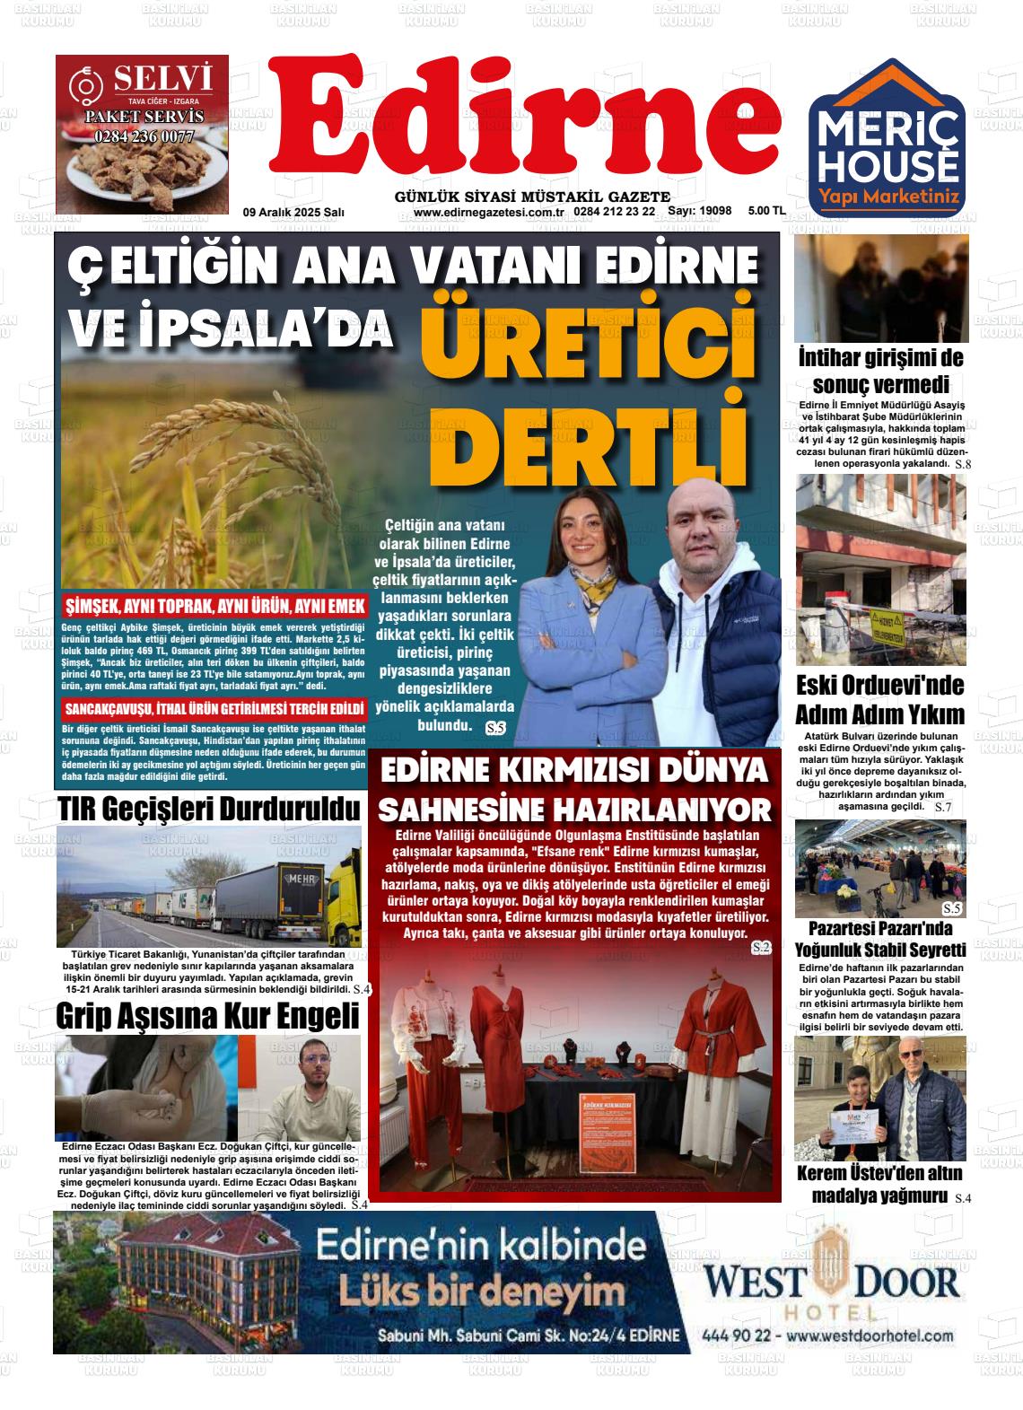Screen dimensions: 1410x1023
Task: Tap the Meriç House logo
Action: coord(887,139)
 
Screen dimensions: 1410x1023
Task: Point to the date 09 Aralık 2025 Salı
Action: coord(293,212)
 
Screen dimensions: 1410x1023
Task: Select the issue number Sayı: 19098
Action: coord(700,211)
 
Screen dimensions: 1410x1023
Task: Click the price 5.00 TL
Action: coord(766,211)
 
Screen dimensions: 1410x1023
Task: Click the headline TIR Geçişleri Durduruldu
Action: coord(208,808)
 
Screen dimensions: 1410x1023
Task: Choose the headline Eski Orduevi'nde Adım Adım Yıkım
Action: coord(879,700)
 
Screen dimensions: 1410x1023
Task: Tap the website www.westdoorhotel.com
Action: coord(869,1336)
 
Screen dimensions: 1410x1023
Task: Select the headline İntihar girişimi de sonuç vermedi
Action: coord(880,372)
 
